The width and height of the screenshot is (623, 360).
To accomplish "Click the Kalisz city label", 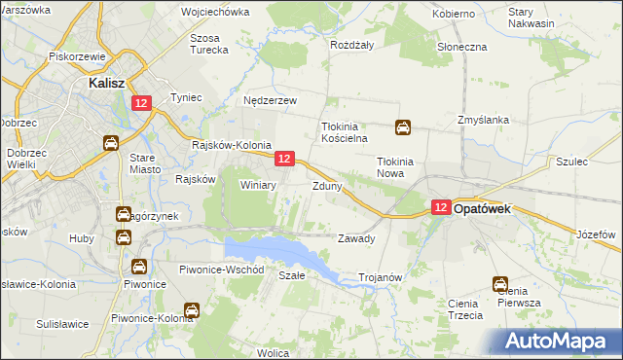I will (103, 84).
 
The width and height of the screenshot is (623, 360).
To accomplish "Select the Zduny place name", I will (326, 186).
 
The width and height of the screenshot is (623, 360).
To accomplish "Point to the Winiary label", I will (258, 185).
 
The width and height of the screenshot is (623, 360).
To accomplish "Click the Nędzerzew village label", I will (270, 100).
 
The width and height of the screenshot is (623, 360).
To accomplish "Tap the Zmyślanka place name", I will (484, 121).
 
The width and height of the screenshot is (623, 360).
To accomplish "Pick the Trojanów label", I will (381, 277).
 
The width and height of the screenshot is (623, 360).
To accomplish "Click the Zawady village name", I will (355, 238).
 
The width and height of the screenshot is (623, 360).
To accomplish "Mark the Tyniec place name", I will (185, 97).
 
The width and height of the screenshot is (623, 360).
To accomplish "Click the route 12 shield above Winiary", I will (284, 159).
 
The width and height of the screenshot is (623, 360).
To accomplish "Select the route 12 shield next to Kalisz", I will (142, 103).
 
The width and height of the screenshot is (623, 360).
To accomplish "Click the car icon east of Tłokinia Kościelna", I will (402, 126).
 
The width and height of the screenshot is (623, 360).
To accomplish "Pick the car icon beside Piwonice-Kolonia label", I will (192, 311).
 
